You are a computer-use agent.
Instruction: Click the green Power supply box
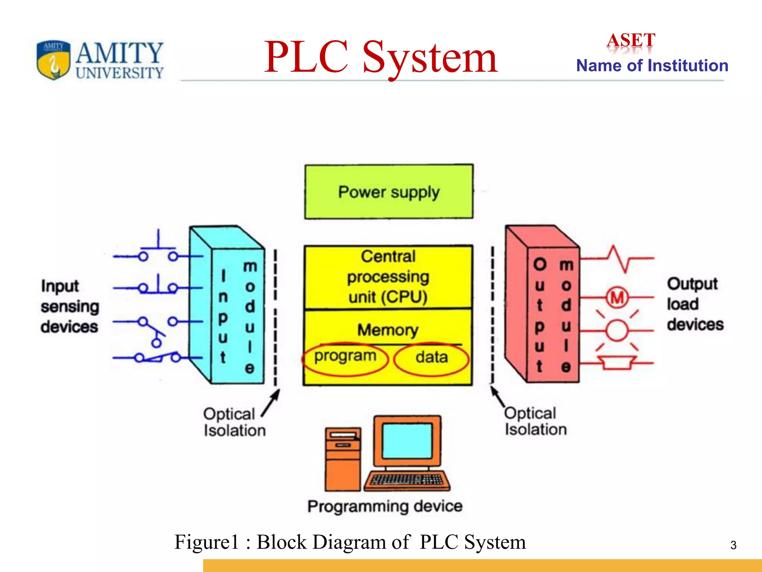tap(389, 192)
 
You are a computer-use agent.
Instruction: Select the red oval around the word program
tap(345, 359)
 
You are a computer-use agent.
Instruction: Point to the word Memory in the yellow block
tap(388, 330)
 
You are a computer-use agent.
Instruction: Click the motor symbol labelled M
tap(617, 298)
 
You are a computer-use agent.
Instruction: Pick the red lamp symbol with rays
tap(617, 330)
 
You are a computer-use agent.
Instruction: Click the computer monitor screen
tap(407, 441)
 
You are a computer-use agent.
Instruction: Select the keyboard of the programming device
tap(407, 480)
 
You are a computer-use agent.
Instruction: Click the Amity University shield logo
tap(54, 60)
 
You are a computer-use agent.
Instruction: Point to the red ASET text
tap(631, 40)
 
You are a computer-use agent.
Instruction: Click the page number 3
tap(733, 545)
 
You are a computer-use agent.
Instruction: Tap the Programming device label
tap(385, 506)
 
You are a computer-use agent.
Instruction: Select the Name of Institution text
tap(652, 66)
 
